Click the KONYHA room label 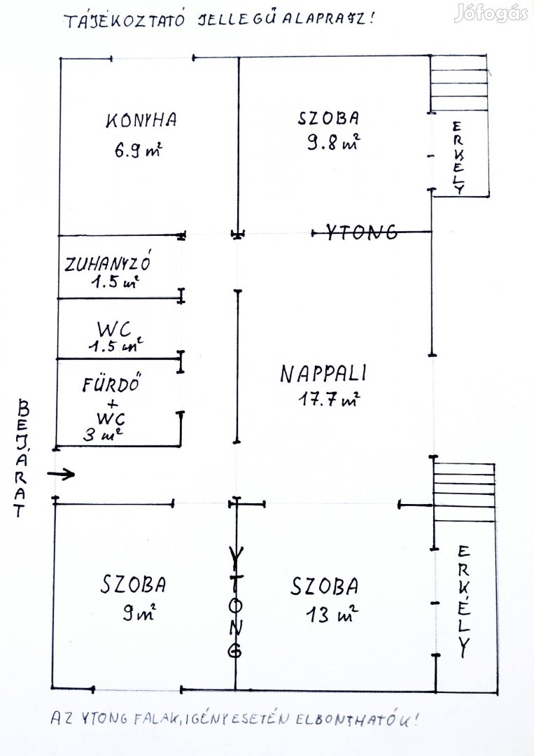click(141, 120)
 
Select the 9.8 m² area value click(333, 143)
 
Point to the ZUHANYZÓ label click(108, 264)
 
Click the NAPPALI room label click(324, 374)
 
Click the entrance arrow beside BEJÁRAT click(62, 475)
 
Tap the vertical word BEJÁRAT click(23, 458)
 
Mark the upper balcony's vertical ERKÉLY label click(458, 157)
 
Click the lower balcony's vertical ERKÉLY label click(463, 601)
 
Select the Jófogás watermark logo click(491, 14)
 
